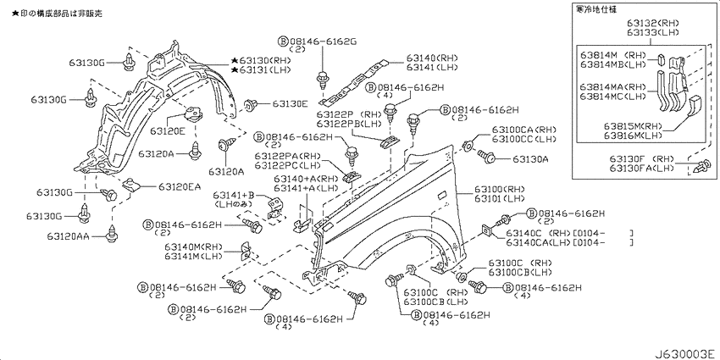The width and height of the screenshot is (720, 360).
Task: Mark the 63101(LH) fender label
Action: [x=500, y=200]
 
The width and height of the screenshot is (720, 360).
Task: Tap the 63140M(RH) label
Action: [x=194, y=246]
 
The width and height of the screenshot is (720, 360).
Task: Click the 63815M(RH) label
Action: [x=634, y=125]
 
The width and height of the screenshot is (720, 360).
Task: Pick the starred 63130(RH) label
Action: [x=263, y=61]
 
